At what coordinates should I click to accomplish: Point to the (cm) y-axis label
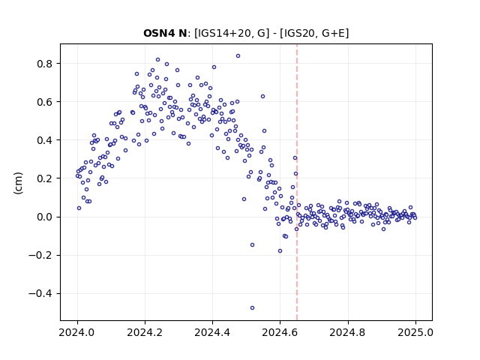pos(18,183)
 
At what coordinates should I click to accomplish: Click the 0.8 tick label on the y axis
pos(45,64)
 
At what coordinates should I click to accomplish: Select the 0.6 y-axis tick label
pos(45,102)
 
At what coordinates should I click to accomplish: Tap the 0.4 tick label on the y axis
pos(45,140)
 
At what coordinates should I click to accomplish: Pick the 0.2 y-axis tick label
pos(45,178)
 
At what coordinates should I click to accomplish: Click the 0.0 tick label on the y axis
pos(45,217)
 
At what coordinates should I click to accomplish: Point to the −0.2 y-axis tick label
pos(41,255)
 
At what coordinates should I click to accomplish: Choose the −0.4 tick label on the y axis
pos(41,293)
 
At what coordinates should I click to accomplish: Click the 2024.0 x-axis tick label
pos(76,332)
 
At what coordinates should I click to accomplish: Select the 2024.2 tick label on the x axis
pos(145,332)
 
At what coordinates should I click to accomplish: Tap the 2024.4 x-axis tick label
pos(212,332)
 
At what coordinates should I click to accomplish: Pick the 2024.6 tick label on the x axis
pos(280,332)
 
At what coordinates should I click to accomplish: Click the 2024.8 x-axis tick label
pos(347,332)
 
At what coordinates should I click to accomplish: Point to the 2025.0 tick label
pos(415,332)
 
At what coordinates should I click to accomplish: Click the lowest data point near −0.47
pos(252,308)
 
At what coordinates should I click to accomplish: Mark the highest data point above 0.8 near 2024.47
pos(238,56)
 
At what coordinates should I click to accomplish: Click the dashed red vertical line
pos(297,182)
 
